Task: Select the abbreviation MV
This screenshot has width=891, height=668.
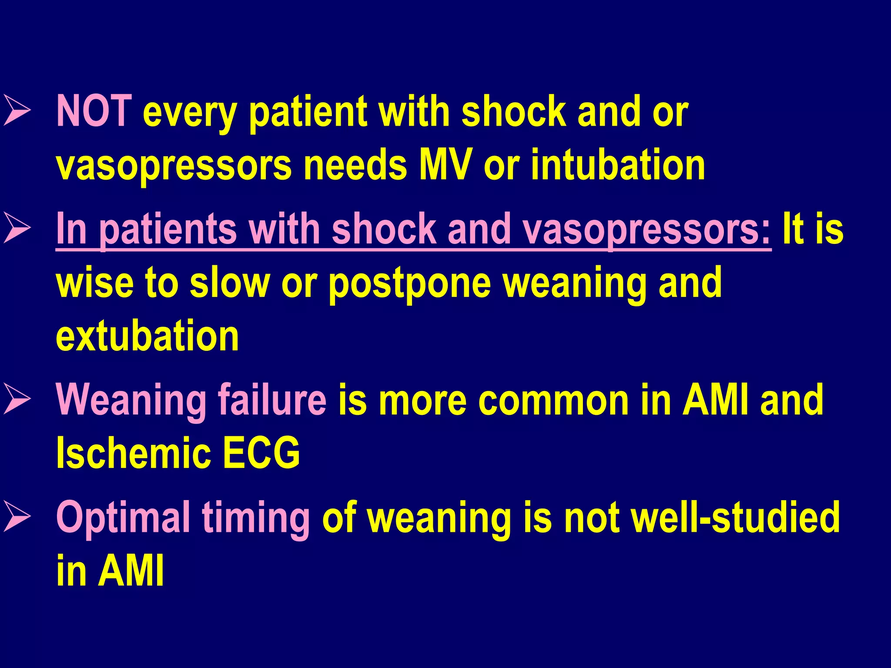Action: click(445, 165)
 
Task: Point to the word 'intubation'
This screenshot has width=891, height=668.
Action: click(618, 165)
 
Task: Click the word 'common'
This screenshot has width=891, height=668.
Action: click(553, 400)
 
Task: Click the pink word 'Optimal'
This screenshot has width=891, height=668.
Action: click(123, 518)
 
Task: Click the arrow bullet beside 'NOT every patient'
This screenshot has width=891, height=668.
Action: click(17, 112)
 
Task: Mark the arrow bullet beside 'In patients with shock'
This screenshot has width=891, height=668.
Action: click(17, 229)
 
